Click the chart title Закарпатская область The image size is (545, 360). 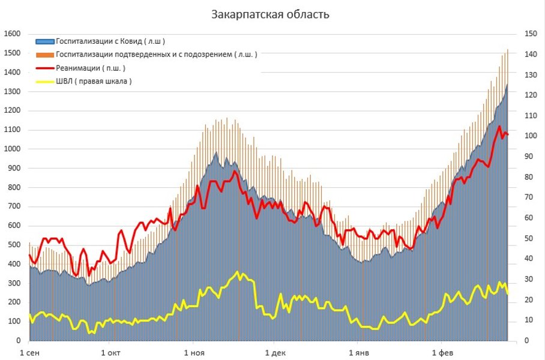(270, 14)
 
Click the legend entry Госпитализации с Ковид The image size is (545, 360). (110, 41)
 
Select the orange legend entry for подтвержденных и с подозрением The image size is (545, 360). (156, 55)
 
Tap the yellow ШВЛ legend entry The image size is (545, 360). (94, 81)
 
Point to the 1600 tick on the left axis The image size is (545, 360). (12, 34)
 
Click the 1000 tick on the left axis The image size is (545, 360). (12, 149)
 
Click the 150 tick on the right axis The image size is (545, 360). (531, 34)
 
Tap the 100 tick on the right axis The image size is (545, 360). (531, 136)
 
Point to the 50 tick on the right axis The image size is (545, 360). (529, 239)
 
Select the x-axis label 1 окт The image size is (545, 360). (111, 352)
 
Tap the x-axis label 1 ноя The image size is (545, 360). (193, 352)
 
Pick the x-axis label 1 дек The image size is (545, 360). (275, 352)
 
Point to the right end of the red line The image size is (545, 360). (508, 134)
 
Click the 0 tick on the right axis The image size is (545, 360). (526, 341)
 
